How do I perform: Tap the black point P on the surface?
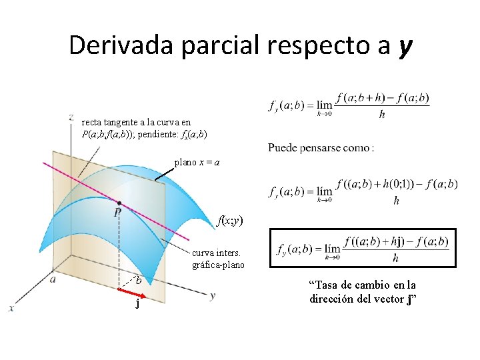click(118, 203)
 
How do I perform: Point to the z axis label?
click(71, 117)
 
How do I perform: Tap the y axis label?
click(212, 295)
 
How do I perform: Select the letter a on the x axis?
click(53, 279)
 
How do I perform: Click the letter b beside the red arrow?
click(139, 281)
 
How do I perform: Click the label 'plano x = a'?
click(197, 162)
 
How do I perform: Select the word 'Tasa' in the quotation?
click(322, 285)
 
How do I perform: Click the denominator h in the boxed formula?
click(396, 259)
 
